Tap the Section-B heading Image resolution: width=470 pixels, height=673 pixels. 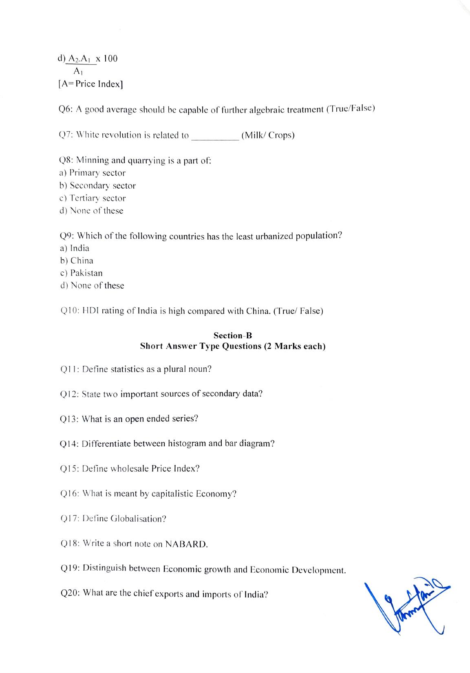233,335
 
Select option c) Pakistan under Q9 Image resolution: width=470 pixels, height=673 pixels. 82,273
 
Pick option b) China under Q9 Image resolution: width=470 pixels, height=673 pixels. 77,260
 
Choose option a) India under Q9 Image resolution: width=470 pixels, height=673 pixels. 75,248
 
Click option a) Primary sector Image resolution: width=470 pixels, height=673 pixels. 93,173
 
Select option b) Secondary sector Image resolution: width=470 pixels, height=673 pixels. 97,185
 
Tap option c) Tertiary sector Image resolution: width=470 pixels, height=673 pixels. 93,198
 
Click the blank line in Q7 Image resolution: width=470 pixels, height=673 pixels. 215,136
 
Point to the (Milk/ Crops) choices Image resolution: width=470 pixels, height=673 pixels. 268,135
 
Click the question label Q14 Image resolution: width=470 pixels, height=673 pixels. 69,444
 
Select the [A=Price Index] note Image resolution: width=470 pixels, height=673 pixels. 90,84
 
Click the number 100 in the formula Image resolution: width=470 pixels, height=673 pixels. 110,59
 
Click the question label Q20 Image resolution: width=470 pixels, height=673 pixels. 70,593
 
